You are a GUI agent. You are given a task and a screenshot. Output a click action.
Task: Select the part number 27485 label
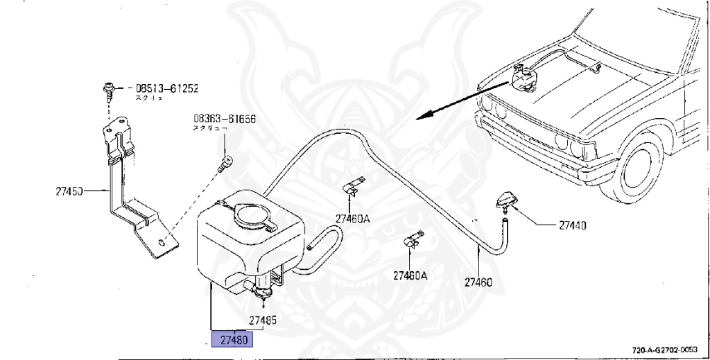[263, 320]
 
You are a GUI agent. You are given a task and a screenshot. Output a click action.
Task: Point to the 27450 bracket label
[69, 190]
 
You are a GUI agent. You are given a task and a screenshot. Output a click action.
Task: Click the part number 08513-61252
[166, 89]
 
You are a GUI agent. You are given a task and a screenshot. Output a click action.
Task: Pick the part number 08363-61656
[225, 119]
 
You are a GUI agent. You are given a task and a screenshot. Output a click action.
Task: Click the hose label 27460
[478, 282]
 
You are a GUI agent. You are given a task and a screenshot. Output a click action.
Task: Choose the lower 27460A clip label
[410, 275]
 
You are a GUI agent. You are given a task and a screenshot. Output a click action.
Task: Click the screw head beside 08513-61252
[109, 88]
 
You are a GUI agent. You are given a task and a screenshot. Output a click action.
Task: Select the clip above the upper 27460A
[354, 185]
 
